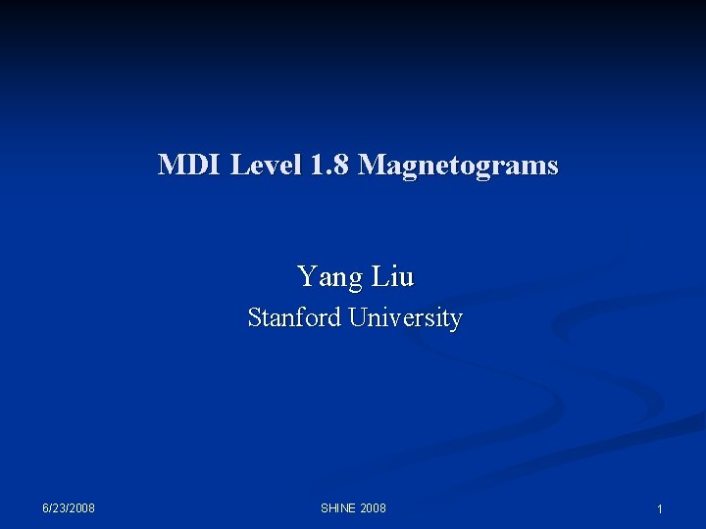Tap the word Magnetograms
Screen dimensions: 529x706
coord(458,166)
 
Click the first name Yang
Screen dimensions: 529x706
coord(329,278)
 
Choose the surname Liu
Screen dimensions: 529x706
coord(393,277)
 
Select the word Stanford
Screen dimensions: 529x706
coord(291,318)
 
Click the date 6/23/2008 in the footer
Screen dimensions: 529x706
coord(69,507)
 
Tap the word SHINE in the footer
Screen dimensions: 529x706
coord(338,507)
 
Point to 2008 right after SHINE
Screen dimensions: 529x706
coord(374,507)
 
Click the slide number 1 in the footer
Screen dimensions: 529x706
coord(660,509)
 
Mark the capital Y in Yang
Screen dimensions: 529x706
coord(305,277)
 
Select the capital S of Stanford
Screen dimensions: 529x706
coord(254,318)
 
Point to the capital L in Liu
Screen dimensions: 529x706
coord(379,277)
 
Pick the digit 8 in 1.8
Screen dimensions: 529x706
coord(341,165)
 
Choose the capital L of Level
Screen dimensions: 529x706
coord(237,165)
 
